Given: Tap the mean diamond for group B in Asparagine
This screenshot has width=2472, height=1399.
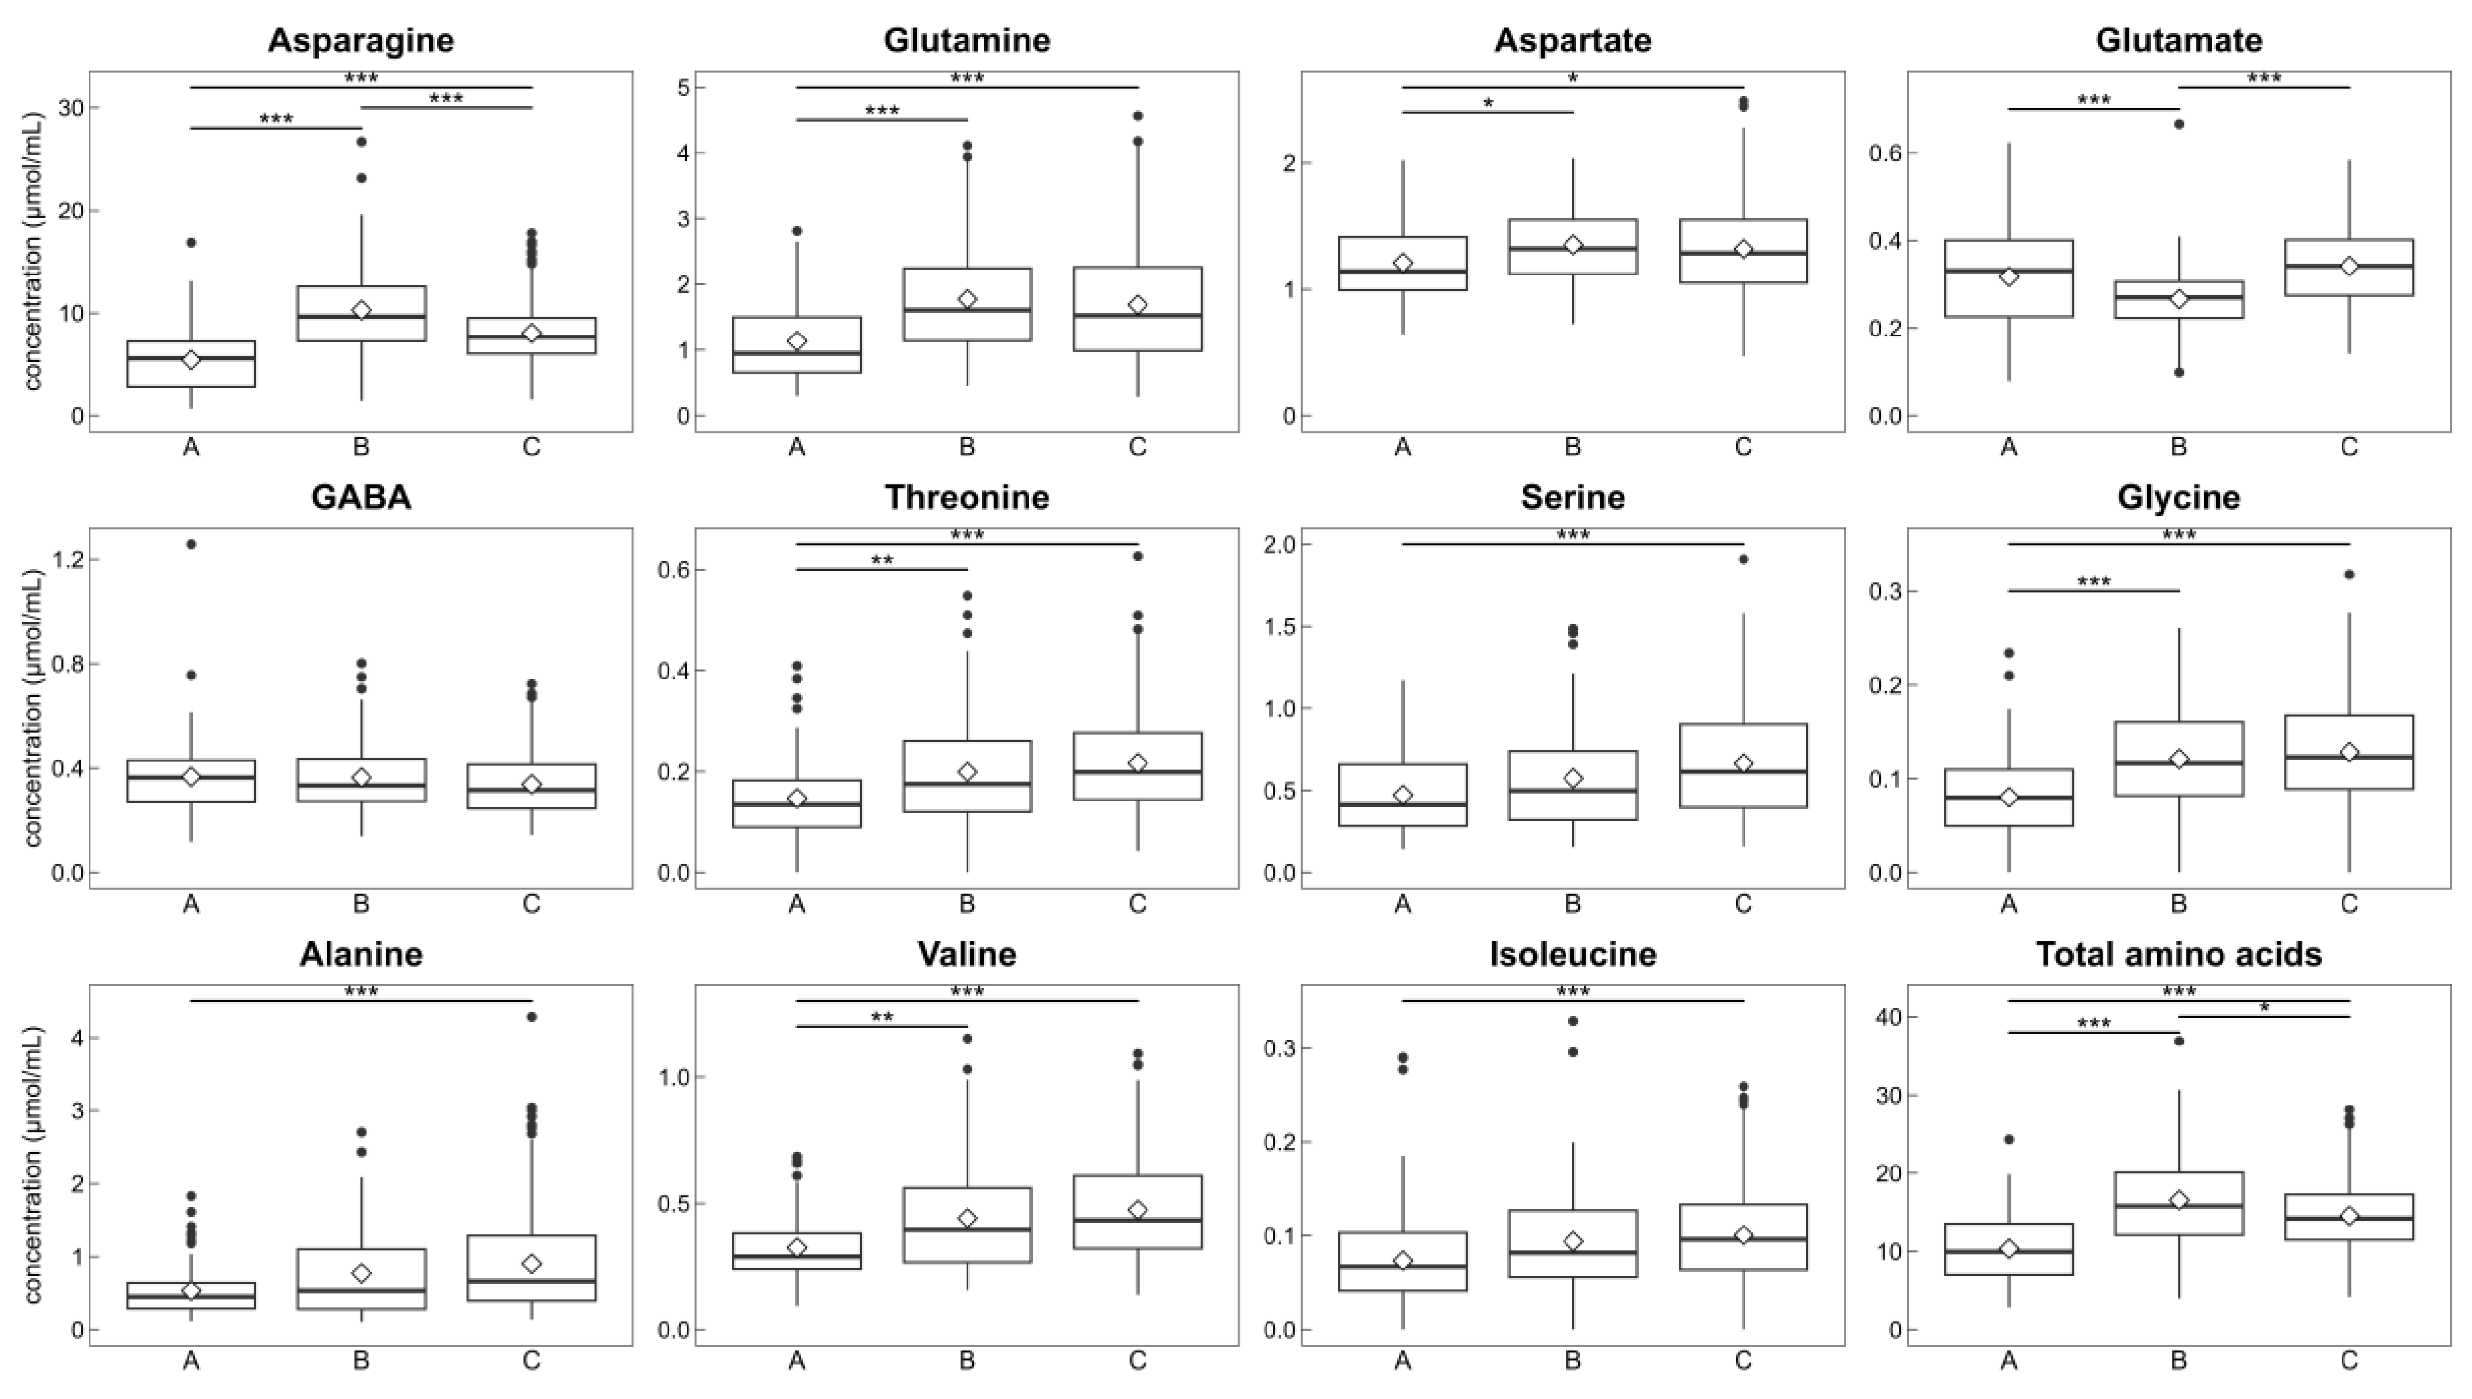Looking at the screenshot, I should [x=361, y=310].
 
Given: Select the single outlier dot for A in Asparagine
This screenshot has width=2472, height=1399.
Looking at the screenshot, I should [x=191, y=242].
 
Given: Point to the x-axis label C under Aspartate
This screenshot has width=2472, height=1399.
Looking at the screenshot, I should [x=1743, y=447].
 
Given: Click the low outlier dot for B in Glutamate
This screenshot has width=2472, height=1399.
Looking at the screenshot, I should [x=2179, y=372].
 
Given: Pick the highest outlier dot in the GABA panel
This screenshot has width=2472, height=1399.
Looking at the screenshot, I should [x=191, y=544].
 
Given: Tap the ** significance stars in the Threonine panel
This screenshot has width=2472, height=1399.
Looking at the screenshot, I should [x=882, y=560].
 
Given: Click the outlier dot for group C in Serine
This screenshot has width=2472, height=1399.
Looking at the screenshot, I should [x=1743, y=559].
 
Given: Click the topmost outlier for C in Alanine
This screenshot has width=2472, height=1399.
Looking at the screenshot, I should [x=531, y=1017].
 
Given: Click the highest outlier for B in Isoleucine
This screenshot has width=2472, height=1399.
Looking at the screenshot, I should [x=1573, y=1021].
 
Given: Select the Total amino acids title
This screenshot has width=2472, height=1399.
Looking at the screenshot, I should [x=2178, y=954].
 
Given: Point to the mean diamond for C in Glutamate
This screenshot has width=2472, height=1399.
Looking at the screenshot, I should [x=2349, y=265].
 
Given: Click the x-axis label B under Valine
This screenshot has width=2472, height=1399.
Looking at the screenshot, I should [x=967, y=1360].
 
